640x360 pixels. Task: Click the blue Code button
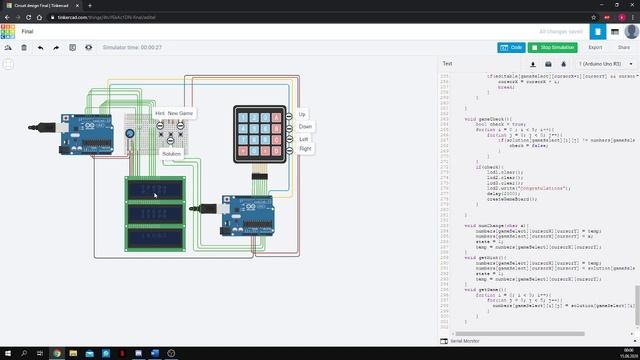510,47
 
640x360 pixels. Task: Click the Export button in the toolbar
595,47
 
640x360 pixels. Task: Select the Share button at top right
623,47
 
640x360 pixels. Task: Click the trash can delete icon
24,47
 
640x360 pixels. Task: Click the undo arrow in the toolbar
40,47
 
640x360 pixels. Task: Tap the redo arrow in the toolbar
56,47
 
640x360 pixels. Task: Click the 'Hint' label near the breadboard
160,114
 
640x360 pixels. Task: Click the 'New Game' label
181,114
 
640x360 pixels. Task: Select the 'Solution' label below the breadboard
171,154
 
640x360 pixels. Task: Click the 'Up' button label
303,114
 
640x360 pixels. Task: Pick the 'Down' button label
305,127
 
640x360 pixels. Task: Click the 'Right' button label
305,148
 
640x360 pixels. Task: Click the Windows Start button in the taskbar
7,353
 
